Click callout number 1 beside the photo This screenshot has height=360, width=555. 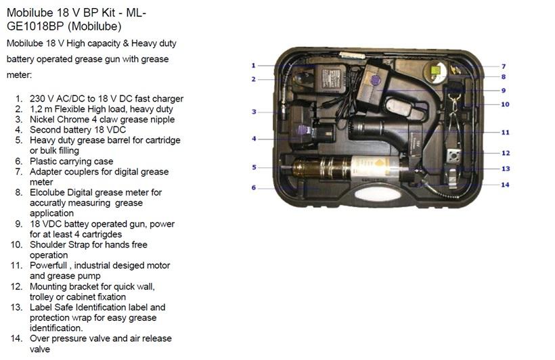coord(253,66)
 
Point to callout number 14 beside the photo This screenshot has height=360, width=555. coord(505,185)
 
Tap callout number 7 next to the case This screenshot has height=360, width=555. coord(504,66)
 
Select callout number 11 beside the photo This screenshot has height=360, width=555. coord(505,133)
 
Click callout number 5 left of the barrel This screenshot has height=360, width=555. coord(254,167)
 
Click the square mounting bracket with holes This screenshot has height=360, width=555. coord(453,155)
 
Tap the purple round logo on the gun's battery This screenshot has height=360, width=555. coord(376,81)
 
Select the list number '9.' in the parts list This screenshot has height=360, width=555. coord(19,224)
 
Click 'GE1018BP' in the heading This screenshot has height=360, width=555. coord(35,26)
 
